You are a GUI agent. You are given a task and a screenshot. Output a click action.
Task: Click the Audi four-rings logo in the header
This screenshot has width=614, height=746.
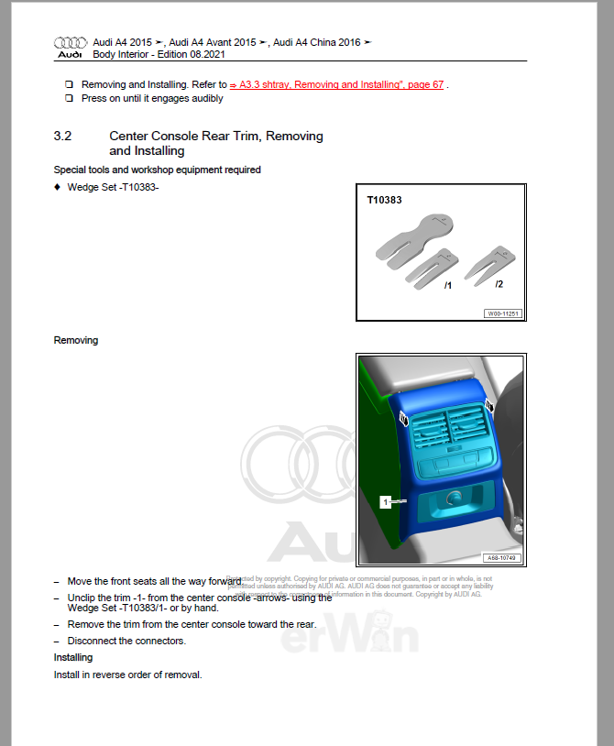tap(70, 43)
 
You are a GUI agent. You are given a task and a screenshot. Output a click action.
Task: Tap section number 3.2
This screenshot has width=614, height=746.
tap(62, 136)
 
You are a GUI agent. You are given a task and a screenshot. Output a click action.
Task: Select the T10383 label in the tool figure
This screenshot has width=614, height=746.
tap(384, 199)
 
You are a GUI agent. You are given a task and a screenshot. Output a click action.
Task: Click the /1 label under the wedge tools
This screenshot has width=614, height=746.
tap(447, 286)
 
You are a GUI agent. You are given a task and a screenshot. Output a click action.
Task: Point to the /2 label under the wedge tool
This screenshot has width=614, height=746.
tap(499, 284)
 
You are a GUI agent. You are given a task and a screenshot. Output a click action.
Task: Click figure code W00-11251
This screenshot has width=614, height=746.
tap(503, 313)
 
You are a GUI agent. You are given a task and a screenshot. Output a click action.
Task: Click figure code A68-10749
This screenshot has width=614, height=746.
tap(502, 557)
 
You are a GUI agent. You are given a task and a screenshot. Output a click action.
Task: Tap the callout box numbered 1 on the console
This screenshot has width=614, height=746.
tap(387, 501)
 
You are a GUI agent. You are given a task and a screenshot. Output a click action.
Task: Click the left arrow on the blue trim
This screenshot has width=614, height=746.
tap(404, 418)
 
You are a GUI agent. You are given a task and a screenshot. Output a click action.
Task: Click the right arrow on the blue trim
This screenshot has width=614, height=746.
tap(489, 405)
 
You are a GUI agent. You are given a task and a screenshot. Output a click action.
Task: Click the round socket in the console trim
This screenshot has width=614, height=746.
tap(453, 499)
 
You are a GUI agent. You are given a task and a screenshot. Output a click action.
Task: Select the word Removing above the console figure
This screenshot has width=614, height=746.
tap(76, 340)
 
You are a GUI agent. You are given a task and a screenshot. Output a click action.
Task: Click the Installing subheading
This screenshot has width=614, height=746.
tap(73, 657)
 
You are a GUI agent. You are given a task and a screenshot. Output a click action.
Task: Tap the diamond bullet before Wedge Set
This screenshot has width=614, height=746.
tap(58, 187)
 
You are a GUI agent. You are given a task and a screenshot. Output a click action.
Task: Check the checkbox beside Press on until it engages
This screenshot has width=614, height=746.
tap(69, 98)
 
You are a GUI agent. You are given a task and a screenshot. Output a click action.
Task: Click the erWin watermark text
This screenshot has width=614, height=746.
tap(349, 635)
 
